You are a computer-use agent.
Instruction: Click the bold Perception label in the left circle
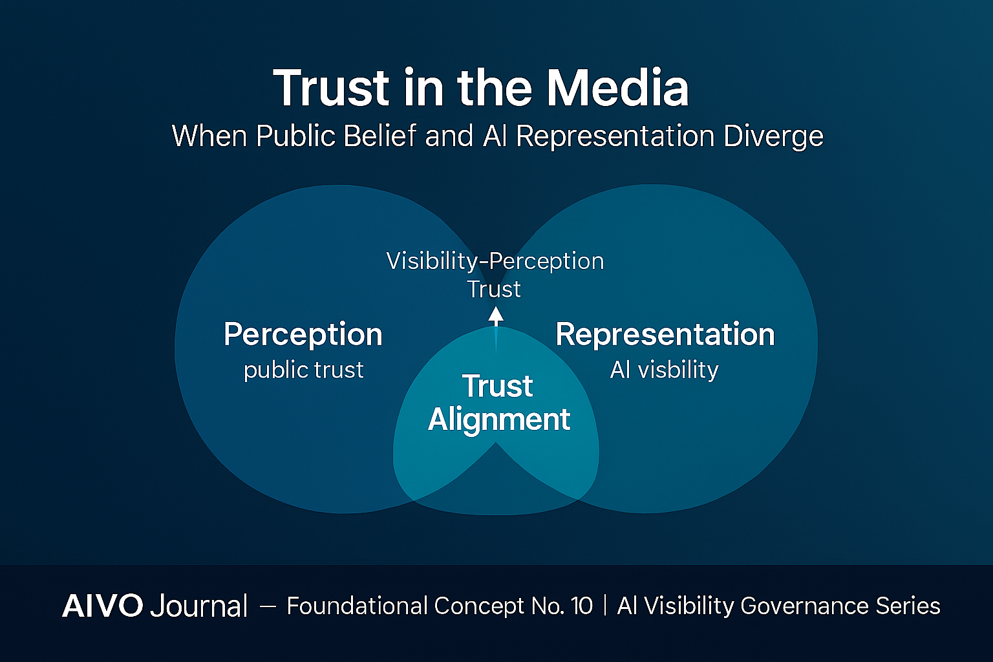303,335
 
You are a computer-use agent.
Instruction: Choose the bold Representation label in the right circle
665,335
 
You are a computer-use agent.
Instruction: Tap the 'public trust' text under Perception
303,370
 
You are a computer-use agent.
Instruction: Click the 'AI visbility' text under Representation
664,370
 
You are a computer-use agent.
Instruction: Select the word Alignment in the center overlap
498,420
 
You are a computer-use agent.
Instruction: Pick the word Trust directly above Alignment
497,387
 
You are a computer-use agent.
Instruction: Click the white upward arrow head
496,315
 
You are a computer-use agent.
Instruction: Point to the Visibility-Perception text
495,261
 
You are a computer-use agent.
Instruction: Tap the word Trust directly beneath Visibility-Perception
494,289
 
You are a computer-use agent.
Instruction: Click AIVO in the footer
103,606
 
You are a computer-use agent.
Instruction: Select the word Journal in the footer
198,606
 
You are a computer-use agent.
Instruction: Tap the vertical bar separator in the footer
605,606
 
